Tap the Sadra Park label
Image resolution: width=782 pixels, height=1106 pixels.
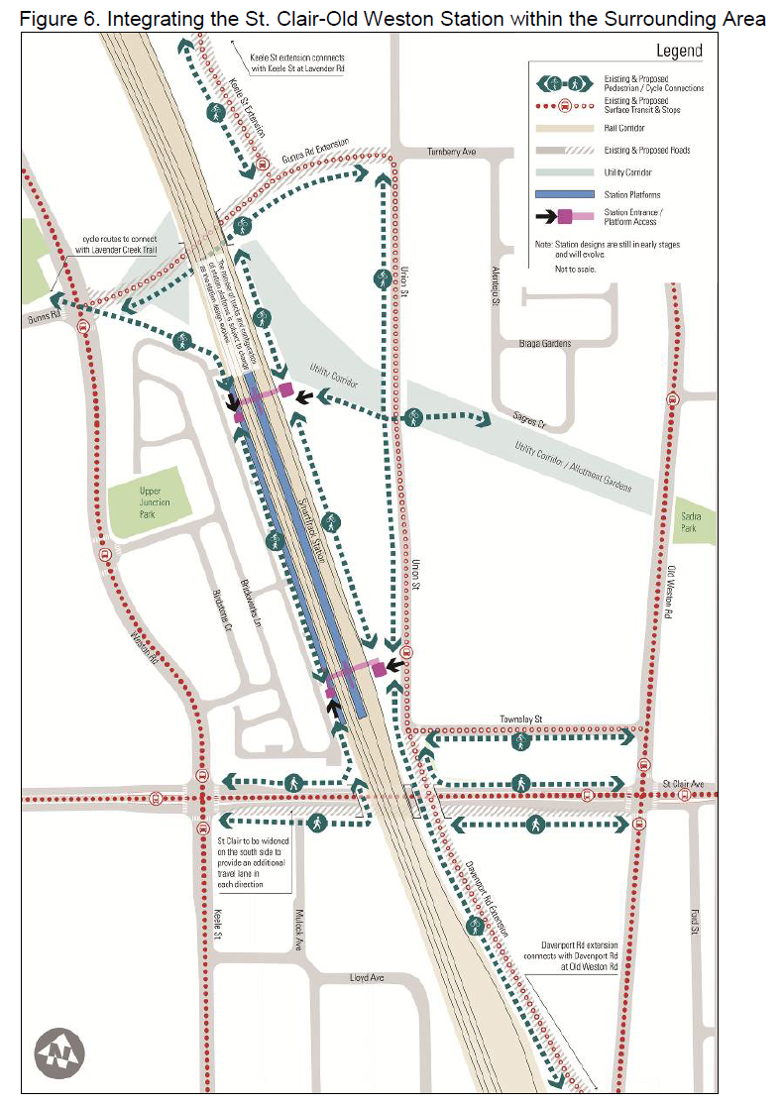(688, 521)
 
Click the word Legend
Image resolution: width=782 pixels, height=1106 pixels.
(679, 52)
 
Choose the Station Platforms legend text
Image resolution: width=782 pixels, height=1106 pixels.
(631, 194)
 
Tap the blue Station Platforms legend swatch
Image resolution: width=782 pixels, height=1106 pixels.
(563, 194)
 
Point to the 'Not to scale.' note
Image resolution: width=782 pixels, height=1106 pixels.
(576, 269)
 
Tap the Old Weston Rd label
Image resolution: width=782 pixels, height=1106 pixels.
(671, 593)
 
